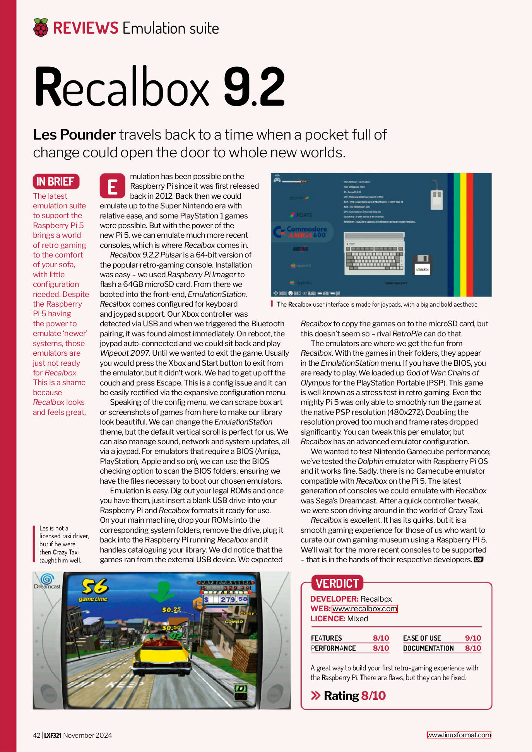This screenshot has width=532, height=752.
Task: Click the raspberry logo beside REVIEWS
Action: point(41,27)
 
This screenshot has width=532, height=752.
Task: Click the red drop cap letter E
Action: point(112,186)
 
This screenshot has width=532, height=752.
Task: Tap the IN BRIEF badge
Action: point(56,181)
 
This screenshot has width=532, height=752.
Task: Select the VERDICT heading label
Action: point(337,583)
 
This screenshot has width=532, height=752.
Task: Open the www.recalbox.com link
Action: point(364,609)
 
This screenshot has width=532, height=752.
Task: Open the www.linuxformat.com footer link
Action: point(459,735)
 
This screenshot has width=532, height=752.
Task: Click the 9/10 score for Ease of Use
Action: point(473,638)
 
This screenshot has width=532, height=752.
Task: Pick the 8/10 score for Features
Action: point(381,638)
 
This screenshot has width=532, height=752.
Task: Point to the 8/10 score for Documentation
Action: point(473,648)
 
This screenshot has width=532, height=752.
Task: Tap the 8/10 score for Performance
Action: point(381,648)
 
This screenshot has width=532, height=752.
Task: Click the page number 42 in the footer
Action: point(37,735)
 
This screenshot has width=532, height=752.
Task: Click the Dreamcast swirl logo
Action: point(46,579)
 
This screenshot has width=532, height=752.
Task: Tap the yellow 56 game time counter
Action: point(94,587)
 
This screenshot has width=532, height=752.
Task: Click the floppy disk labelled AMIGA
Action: point(423,265)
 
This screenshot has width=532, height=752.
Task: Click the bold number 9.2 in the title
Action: point(254,87)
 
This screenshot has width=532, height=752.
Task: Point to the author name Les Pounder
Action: point(74,135)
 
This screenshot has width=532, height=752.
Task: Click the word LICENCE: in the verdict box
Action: point(328,619)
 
